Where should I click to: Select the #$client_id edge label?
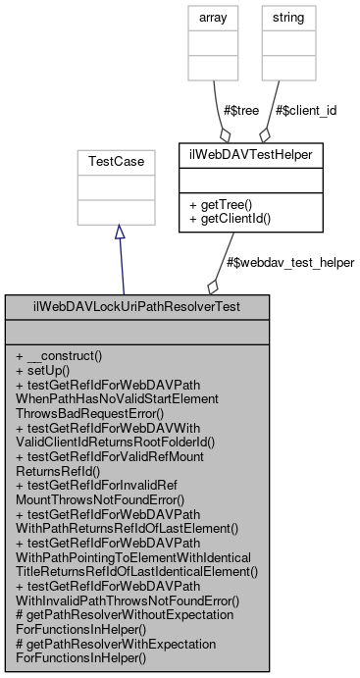306,110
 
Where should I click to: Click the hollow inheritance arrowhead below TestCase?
119,231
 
